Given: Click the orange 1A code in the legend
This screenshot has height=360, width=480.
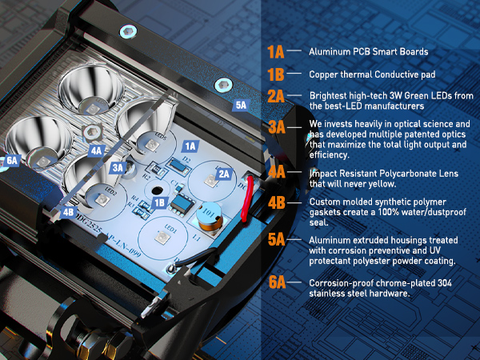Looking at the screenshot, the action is tap(276, 52).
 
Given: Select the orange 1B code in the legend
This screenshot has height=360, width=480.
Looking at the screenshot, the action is tap(276, 74).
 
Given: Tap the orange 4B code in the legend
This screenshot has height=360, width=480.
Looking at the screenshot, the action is tap(277, 203).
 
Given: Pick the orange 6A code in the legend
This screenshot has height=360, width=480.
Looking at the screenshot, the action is tap(277, 282).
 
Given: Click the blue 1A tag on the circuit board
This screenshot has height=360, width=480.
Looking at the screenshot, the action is tap(190, 146).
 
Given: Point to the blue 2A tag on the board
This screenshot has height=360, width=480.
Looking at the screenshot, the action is tap(224, 174).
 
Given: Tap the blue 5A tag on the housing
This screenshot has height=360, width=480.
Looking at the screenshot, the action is tap(242, 106).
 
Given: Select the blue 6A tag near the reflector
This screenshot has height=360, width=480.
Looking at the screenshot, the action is tap(12, 161).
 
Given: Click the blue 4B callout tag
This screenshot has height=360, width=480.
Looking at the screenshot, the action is tap(68, 212).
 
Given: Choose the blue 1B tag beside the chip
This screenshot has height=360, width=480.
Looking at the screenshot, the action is tap(160, 203).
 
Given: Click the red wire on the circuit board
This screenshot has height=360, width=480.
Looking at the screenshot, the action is tap(246, 198).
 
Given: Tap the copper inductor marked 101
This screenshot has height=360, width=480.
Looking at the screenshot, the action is tap(210, 217).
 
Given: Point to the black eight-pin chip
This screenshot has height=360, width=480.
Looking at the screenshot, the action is tap(182, 205).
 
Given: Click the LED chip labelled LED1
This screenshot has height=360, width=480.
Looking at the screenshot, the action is tap(162, 238).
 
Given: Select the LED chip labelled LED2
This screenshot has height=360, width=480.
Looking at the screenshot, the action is tap(102, 199).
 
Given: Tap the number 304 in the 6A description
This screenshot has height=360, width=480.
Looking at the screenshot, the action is tap(444, 283).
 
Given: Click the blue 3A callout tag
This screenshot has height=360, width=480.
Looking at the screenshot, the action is tap(118, 167).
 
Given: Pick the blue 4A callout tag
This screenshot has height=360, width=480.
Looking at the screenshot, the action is tap(97, 150).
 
